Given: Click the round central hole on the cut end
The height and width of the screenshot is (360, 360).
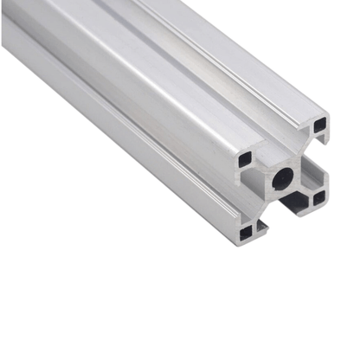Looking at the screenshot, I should tap(283, 181).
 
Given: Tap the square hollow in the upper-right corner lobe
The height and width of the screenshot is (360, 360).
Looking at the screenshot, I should tap(320, 124).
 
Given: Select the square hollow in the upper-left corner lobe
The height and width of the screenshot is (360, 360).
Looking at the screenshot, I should tap(246, 159).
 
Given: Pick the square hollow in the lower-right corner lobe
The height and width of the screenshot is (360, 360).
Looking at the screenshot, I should tap(318, 197).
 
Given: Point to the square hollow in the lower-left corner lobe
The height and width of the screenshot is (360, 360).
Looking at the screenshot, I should tap(250, 230).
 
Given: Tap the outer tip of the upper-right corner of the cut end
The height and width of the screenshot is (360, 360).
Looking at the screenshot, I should tap(330, 112).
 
